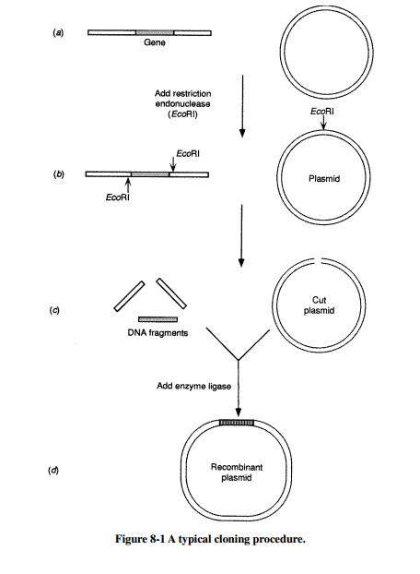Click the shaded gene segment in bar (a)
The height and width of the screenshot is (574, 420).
point(152,33)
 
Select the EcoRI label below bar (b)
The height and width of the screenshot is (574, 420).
point(117,197)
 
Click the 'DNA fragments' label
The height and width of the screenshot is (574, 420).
point(157,334)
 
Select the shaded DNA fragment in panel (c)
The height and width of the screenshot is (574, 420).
point(157,319)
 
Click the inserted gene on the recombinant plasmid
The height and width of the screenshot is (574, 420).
point(238,423)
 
